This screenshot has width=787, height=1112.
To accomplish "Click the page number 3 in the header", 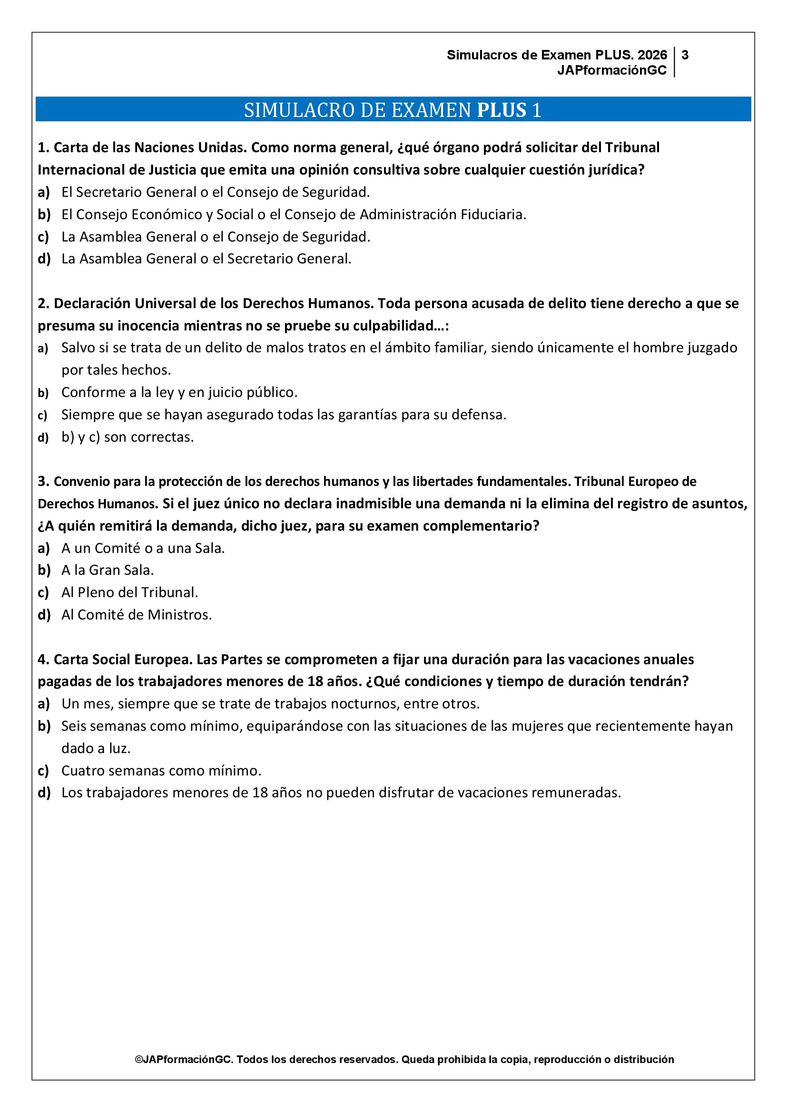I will pyautogui.click(x=685, y=55).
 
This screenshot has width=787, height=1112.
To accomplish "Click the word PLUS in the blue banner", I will pyautogui.click(x=502, y=110).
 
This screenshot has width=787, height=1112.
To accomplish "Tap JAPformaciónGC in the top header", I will pyautogui.click(x=611, y=70).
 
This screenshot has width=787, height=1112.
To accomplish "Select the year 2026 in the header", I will pyautogui.click(x=652, y=55).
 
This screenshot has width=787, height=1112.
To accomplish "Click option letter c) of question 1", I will pyautogui.click(x=44, y=237).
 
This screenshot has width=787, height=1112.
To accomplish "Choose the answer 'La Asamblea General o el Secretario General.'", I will pyautogui.click(x=206, y=259).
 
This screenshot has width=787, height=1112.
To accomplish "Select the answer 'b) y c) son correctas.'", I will pyautogui.click(x=128, y=437).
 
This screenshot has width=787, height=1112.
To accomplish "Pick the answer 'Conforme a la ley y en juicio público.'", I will pyautogui.click(x=179, y=392).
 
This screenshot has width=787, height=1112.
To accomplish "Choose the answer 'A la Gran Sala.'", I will pyautogui.click(x=108, y=570).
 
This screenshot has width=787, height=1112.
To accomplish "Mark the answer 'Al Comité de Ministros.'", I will pyautogui.click(x=137, y=615).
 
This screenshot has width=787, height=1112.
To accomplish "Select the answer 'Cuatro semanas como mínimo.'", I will pyautogui.click(x=161, y=771).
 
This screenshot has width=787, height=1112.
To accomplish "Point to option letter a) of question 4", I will pyautogui.click(x=44, y=704).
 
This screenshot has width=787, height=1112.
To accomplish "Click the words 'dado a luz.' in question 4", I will pyautogui.click(x=96, y=748).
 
